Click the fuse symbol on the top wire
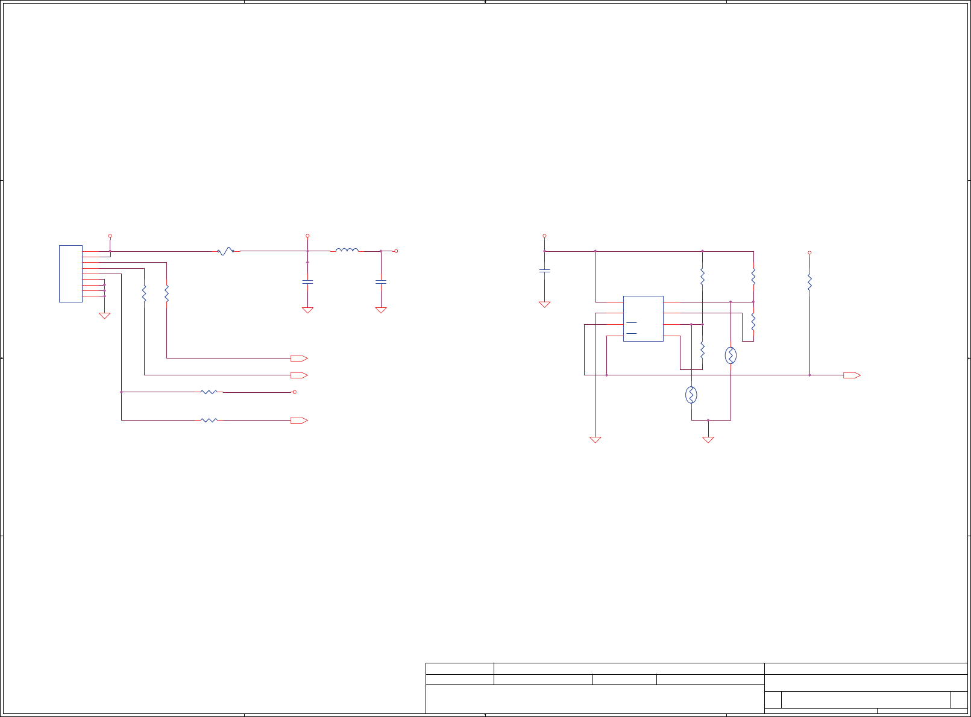(x=225, y=251)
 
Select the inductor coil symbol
(x=347, y=250)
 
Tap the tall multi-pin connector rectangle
(x=71, y=274)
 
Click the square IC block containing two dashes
(x=643, y=319)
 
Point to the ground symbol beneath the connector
(x=104, y=315)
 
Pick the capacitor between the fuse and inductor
(x=307, y=281)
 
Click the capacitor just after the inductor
(x=381, y=281)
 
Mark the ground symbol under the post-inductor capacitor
(x=381, y=310)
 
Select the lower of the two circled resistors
(x=691, y=395)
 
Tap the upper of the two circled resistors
(x=731, y=355)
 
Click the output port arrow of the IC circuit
(x=852, y=375)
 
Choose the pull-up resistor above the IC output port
(x=809, y=281)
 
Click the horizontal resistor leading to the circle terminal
(x=209, y=392)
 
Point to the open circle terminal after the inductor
(x=396, y=251)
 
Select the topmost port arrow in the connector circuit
(x=299, y=358)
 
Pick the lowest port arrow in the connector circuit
(x=299, y=421)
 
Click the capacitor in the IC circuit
(x=544, y=271)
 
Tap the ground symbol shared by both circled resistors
(x=708, y=440)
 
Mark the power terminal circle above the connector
(x=110, y=236)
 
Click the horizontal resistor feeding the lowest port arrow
(x=209, y=420)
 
